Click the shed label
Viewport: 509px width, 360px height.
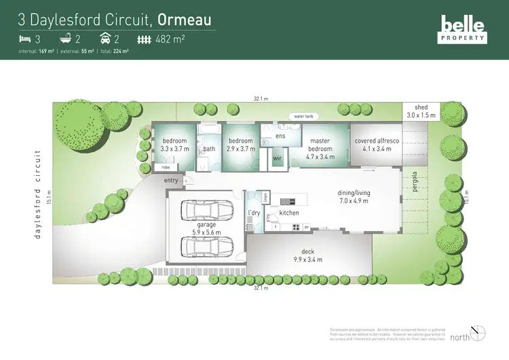click(x=421, y=111)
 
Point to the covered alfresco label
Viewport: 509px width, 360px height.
click(x=373, y=145)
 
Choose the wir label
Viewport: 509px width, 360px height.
click(x=277, y=159)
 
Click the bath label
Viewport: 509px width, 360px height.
click(x=209, y=149)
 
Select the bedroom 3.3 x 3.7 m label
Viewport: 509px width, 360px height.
click(x=174, y=145)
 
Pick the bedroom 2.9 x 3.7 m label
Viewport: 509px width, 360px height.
click(x=241, y=145)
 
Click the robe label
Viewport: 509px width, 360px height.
click(x=165, y=167)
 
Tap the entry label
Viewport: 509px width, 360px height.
click(x=171, y=180)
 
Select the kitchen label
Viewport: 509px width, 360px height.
click(x=289, y=213)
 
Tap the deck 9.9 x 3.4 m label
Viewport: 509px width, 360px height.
click(x=308, y=256)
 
